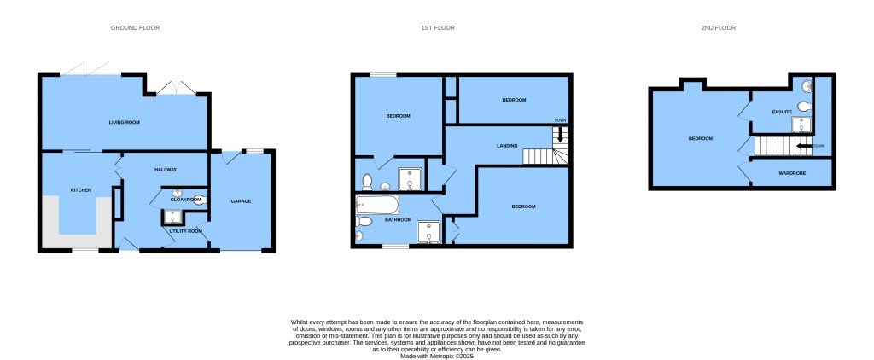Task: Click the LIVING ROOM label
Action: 124,123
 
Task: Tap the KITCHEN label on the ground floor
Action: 81,189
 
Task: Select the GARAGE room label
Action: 242,201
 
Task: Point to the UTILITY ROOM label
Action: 185,231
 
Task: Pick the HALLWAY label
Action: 166,170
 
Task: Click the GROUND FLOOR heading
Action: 135,28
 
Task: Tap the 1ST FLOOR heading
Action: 437,28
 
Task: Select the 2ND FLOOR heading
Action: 719,28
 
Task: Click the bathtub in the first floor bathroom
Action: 376,206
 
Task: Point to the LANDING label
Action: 508,146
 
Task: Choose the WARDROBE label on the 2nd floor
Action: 792,173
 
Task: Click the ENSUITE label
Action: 782,113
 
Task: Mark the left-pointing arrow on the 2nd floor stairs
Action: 804,146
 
